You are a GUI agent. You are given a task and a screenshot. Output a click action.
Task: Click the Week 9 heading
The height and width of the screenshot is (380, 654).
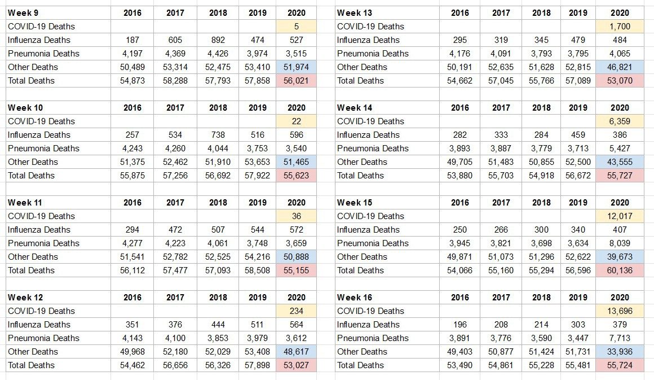[x=23, y=13]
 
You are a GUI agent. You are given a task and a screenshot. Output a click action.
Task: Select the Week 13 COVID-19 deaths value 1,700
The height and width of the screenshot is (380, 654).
[x=620, y=27]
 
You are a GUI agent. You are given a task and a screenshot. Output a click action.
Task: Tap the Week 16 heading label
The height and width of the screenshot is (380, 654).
[x=355, y=298]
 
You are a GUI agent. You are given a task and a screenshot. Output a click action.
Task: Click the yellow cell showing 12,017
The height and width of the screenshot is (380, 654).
[x=620, y=216]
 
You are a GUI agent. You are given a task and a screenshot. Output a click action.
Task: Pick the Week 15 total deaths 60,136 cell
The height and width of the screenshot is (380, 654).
[x=620, y=270]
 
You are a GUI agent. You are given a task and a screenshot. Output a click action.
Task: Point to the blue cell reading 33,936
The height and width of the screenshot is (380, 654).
[x=620, y=352]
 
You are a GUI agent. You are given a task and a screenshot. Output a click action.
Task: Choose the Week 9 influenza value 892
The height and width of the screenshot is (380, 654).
[x=218, y=40]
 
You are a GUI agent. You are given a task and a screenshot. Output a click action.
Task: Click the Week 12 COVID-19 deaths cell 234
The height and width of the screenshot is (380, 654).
[x=296, y=311]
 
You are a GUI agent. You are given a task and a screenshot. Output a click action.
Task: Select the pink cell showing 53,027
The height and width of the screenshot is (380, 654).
[x=296, y=365]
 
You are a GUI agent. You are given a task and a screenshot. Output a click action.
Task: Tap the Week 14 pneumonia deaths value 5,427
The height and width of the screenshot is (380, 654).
[x=620, y=148]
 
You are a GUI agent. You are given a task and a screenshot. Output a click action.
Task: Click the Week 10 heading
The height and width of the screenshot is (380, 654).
[x=25, y=108]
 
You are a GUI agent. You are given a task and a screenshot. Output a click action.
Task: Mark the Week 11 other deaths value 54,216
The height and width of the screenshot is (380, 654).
[x=257, y=257]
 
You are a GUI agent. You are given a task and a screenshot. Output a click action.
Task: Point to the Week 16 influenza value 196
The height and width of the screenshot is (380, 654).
[x=460, y=325]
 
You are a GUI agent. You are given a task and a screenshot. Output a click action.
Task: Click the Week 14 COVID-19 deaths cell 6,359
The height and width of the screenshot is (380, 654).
[x=620, y=121]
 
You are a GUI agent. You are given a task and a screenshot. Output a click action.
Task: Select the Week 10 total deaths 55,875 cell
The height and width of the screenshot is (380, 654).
[x=132, y=176]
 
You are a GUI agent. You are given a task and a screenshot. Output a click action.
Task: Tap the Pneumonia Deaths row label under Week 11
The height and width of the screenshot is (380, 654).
[x=43, y=243]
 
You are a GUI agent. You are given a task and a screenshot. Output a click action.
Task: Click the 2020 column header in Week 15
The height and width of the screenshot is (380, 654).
[x=620, y=203]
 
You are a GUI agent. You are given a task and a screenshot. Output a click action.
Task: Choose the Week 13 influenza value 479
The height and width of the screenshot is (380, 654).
[x=578, y=40]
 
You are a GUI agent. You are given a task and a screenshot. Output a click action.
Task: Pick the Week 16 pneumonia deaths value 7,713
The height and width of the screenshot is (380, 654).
[x=620, y=338]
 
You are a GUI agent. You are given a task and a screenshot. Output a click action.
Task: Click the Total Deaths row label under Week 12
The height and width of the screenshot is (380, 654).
[x=31, y=365]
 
